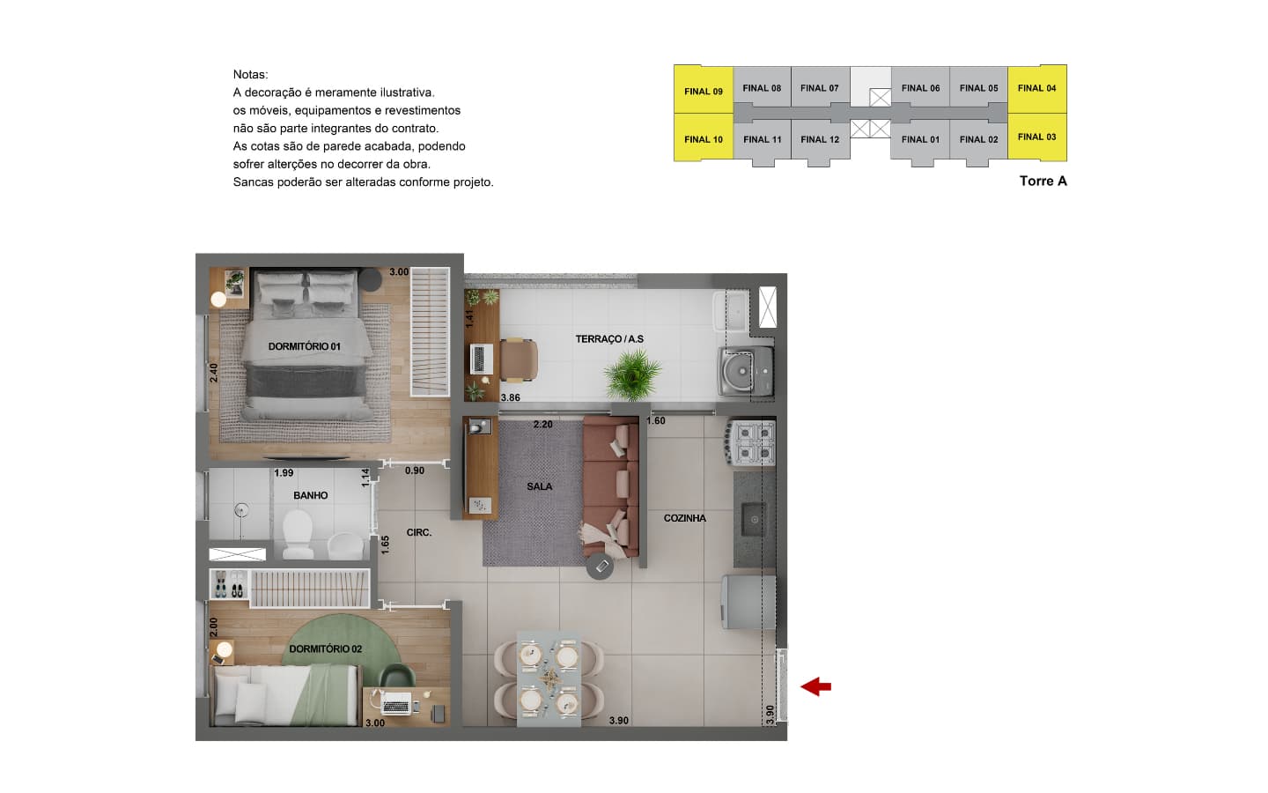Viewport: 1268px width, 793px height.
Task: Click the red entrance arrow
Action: click(815, 686)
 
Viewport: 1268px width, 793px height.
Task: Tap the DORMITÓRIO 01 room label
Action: click(304, 346)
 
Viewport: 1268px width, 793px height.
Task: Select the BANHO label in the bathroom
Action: click(310, 495)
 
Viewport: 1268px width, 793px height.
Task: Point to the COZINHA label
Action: click(684, 518)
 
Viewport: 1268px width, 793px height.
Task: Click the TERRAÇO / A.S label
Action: click(609, 339)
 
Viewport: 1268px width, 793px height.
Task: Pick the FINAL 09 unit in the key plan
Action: click(703, 91)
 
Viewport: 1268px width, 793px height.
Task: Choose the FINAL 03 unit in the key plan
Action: click(1037, 137)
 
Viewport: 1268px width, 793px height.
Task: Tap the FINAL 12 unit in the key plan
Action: click(820, 139)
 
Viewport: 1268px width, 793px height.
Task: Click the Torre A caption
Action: click(1043, 182)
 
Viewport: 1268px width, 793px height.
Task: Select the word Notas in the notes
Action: click(250, 74)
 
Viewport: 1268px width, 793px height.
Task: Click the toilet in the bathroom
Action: click(298, 535)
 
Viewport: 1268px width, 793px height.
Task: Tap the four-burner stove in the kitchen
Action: click(750, 443)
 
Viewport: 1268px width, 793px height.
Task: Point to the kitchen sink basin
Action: click(754, 519)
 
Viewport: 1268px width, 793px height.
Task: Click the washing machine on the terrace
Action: click(746, 371)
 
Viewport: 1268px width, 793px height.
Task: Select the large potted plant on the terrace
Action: click(631, 374)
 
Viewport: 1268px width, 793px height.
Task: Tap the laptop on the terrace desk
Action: click(479, 359)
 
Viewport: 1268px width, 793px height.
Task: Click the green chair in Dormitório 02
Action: click(397, 677)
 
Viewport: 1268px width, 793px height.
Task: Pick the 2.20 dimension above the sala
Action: click(542, 425)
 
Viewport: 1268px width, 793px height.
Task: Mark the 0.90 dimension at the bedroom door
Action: click(415, 471)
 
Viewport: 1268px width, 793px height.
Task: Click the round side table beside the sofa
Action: click(601, 566)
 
